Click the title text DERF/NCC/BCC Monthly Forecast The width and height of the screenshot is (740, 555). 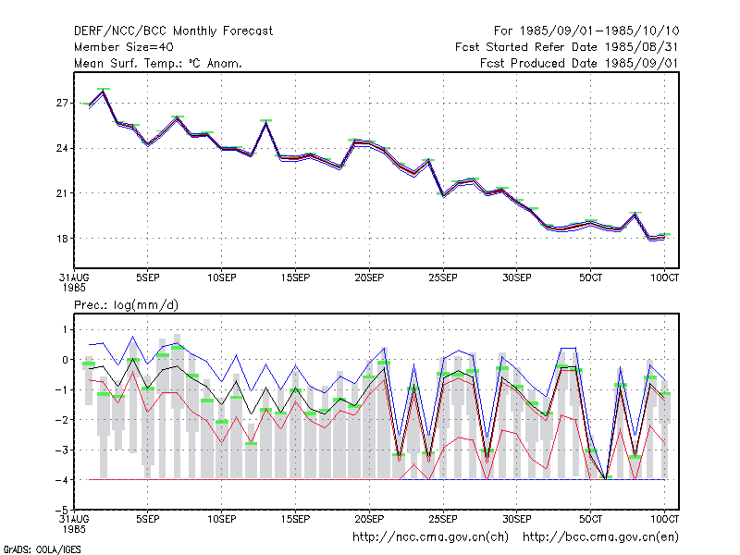(173, 31)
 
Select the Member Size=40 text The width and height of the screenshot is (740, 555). (124, 47)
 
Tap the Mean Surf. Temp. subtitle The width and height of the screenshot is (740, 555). (157, 63)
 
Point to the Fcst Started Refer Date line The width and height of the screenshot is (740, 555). (567, 47)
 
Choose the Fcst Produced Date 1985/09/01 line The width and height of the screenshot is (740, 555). (580, 63)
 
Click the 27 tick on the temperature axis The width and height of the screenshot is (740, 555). (62, 103)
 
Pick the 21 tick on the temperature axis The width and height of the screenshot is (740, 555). (62, 193)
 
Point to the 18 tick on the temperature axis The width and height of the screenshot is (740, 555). (62, 239)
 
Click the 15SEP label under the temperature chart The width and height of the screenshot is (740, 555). (295, 278)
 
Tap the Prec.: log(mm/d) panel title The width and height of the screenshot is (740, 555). (126, 305)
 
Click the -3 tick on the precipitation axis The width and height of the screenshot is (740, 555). (60, 450)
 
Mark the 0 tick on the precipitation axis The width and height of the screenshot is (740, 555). (65, 360)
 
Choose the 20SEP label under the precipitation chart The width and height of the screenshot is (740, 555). (369, 520)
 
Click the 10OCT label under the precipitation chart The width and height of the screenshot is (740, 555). (664, 520)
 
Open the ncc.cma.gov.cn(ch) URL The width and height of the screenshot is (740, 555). (430, 537)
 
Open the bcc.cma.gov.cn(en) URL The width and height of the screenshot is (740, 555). (600, 537)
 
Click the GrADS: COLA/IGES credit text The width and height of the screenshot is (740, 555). (42, 549)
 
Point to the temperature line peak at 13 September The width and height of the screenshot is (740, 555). (266, 122)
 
